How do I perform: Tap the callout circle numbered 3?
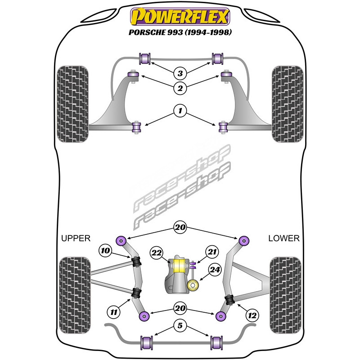click(x=180, y=73)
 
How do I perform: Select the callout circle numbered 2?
click(x=180, y=89)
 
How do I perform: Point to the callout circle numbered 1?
click(x=180, y=110)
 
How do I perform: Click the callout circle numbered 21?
click(x=212, y=252)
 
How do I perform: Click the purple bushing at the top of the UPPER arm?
click(x=121, y=239)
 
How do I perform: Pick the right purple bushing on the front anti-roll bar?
click(x=218, y=58)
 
